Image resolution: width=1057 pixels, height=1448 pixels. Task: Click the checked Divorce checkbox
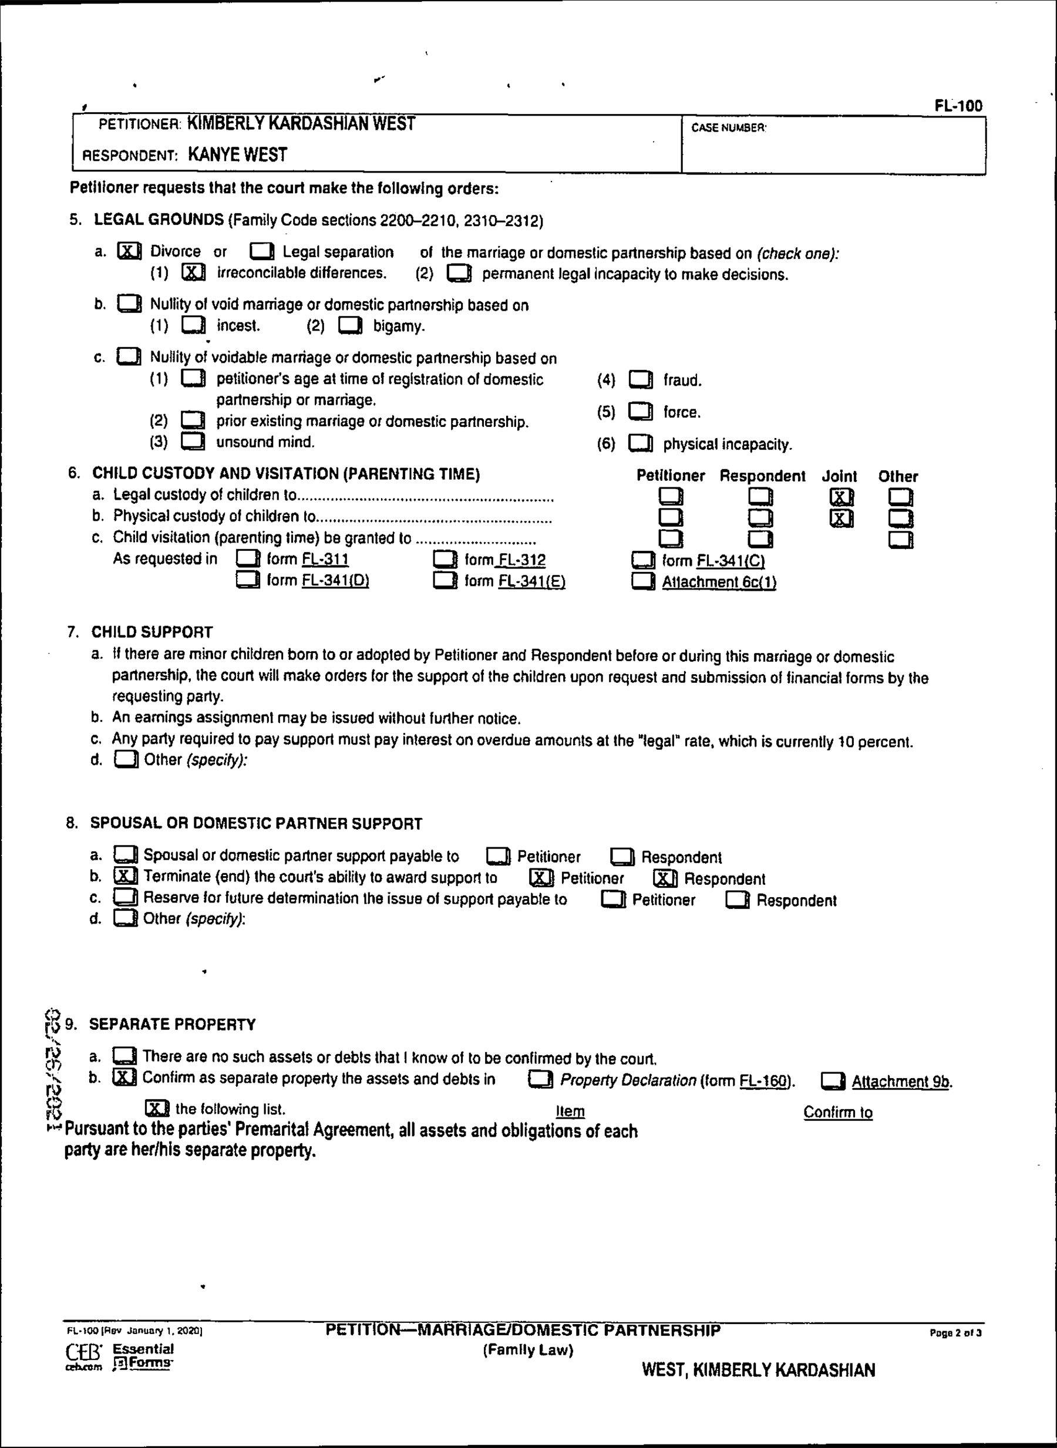[129, 251]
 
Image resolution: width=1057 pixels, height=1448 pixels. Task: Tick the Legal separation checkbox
[262, 251]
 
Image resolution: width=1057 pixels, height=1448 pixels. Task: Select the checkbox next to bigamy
[350, 326]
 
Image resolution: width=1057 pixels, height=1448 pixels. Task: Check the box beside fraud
[641, 380]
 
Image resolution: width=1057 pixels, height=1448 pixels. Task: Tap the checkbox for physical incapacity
[641, 443]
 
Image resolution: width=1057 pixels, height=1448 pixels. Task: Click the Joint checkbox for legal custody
[841, 497]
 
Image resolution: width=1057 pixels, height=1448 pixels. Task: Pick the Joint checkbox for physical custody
[841, 518]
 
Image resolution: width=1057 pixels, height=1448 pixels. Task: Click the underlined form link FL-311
[325, 559]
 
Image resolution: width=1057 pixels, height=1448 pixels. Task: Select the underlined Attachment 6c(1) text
[719, 582]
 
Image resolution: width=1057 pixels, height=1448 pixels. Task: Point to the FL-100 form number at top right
[958, 106]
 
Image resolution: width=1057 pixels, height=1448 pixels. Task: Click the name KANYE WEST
[237, 155]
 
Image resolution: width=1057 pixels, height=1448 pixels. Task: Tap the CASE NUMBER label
[728, 128]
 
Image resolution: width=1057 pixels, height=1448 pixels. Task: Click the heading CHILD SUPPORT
[152, 632]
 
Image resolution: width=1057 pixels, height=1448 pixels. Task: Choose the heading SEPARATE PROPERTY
[172, 1025]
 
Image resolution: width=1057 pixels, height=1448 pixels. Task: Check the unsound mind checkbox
[193, 442]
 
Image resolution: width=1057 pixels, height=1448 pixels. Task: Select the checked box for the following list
[157, 1109]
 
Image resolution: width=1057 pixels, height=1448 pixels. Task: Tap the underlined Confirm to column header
[837, 1112]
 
